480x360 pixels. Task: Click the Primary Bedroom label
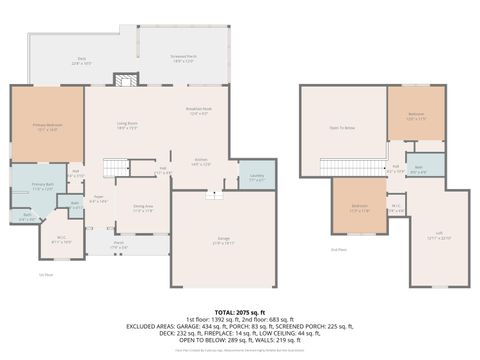point(47,127)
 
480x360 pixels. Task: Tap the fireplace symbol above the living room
point(125,80)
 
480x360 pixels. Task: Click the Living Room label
point(126,127)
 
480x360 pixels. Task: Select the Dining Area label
point(141,209)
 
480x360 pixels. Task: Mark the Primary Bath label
point(41,186)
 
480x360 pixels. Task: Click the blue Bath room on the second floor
point(419,169)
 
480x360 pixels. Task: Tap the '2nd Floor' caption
point(338,249)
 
